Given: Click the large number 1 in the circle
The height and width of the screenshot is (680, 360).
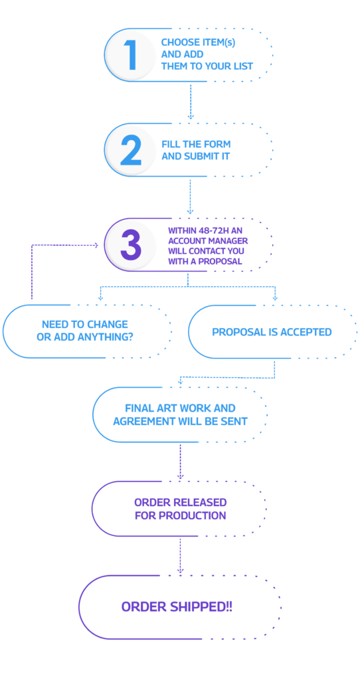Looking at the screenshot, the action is pyautogui.click(x=131, y=56).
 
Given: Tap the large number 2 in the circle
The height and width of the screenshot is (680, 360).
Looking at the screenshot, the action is pyautogui.click(x=131, y=151).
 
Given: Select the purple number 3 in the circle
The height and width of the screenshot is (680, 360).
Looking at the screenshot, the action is pyautogui.click(x=131, y=246).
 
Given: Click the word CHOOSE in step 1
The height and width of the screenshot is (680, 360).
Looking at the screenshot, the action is pyautogui.click(x=175, y=42).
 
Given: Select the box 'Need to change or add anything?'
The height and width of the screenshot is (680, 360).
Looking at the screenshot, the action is pyautogui.click(x=87, y=331).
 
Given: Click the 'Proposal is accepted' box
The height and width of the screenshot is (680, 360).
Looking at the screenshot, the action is pyautogui.click(x=272, y=332).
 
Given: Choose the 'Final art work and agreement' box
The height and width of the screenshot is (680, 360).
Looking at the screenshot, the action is pyautogui.click(x=180, y=414).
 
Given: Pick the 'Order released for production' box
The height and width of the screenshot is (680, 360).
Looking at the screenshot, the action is pyautogui.click(x=179, y=509).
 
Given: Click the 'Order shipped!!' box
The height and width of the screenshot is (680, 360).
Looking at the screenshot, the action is pyautogui.click(x=180, y=607).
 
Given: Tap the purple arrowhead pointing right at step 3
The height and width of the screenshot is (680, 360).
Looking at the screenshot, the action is pyautogui.click(x=96, y=246).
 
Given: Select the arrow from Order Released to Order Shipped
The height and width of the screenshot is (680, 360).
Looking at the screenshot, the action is pyautogui.click(x=180, y=556).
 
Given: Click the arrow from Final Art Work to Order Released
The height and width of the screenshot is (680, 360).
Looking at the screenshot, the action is pyautogui.click(x=180, y=462).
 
